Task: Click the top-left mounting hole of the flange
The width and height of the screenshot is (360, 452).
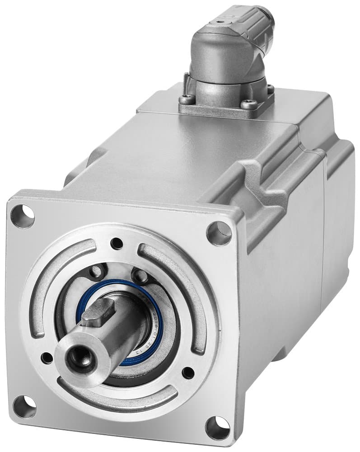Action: click(x=22, y=216)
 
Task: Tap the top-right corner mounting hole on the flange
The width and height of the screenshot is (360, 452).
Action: click(x=219, y=234)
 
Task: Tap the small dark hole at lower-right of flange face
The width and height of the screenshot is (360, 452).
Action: click(x=188, y=373)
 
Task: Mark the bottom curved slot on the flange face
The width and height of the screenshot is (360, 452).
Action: click(x=117, y=398)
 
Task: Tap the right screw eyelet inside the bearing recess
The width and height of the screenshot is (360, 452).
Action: click(x=137, y=275)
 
